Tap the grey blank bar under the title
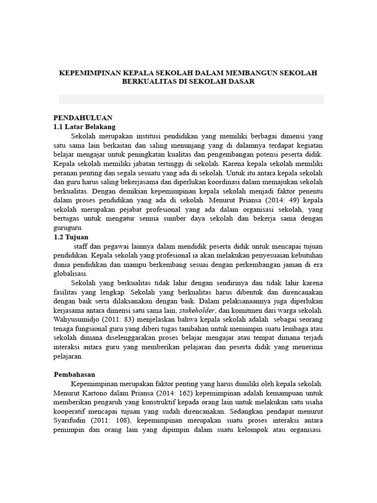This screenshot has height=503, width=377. [191, 99]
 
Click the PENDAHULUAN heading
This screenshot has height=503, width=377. [83, 118]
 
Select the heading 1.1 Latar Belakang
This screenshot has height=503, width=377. [84, 127]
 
